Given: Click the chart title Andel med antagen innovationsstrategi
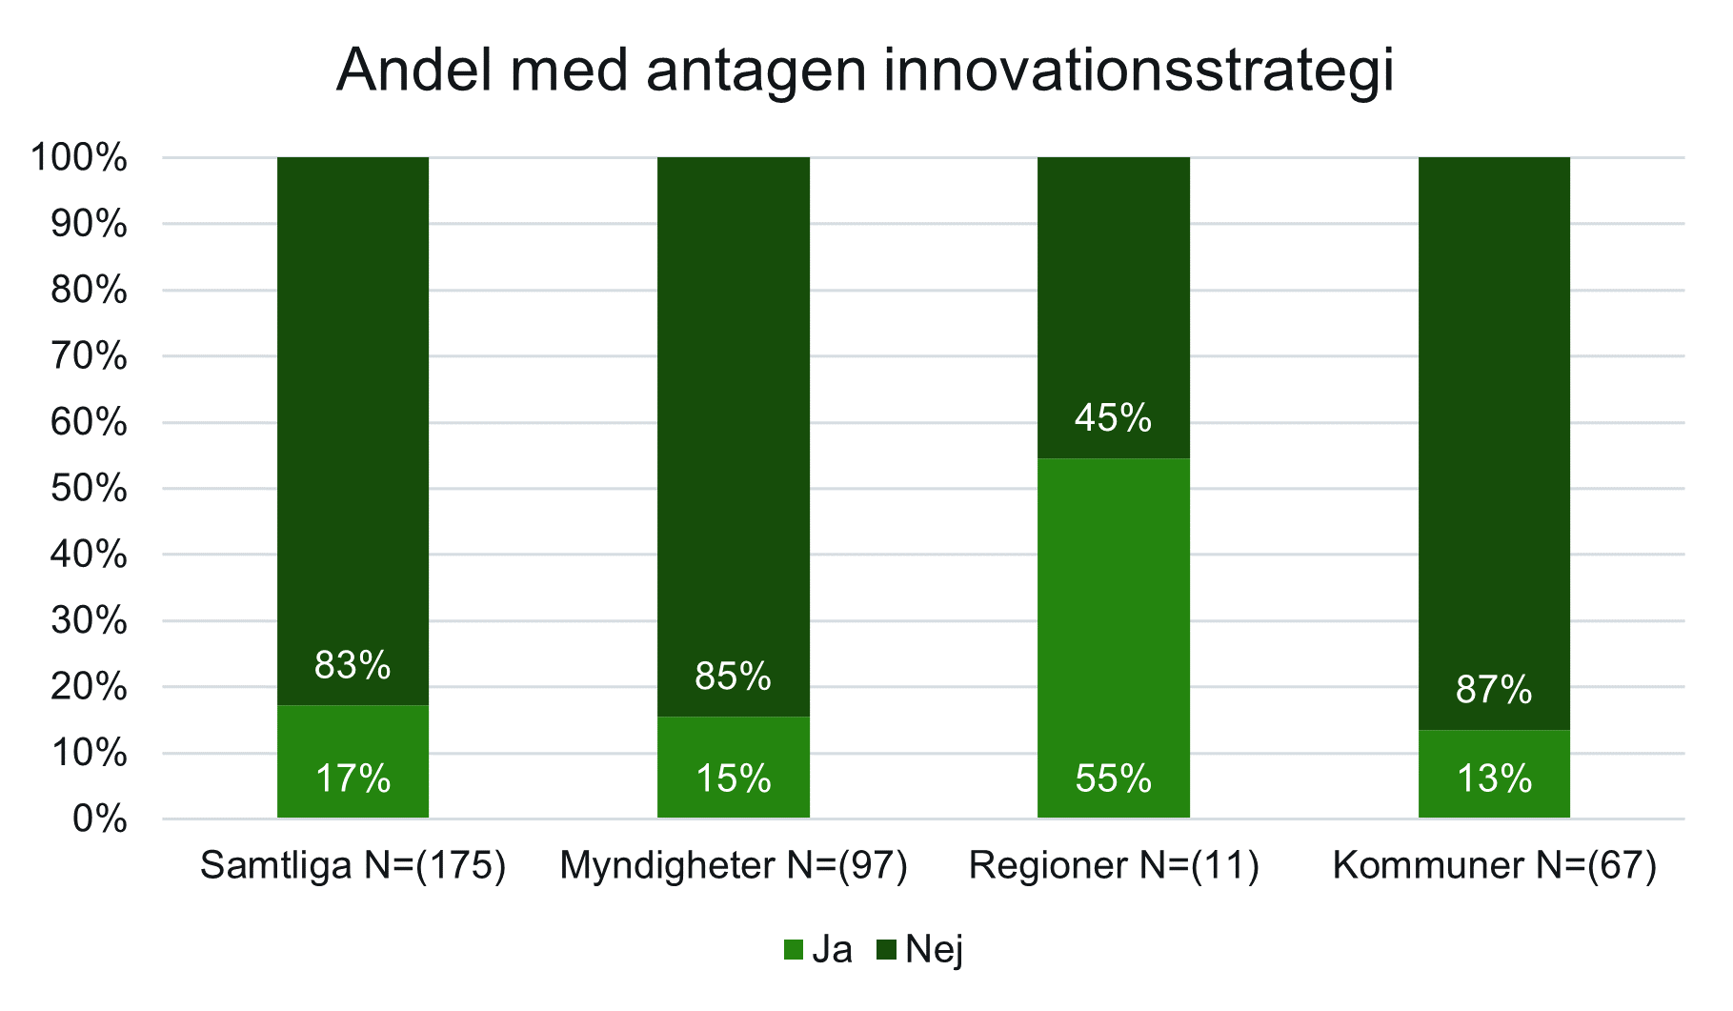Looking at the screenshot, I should coord(865,71).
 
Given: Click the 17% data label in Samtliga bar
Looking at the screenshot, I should coord(353,779).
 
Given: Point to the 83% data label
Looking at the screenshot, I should coord(353,665).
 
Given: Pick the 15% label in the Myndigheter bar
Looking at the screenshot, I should coord(733,779).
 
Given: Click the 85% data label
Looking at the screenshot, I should coord(733,677).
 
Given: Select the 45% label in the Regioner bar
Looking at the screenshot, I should coord(1113,418).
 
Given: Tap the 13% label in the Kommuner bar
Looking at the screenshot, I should coord(1494,779).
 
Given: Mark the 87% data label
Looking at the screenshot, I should coord(1494,690).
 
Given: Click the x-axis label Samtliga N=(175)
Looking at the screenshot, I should coord(353,866).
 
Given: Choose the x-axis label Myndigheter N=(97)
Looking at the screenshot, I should coord(734,866).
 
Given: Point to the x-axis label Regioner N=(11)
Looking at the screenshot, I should coord(1114,866).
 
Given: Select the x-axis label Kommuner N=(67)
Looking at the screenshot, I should coord(1494,866).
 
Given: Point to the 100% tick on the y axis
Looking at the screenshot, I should coord(78,158).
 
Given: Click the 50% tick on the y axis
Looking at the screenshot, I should coord(88,489).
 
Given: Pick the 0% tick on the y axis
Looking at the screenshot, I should coord(99,819).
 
